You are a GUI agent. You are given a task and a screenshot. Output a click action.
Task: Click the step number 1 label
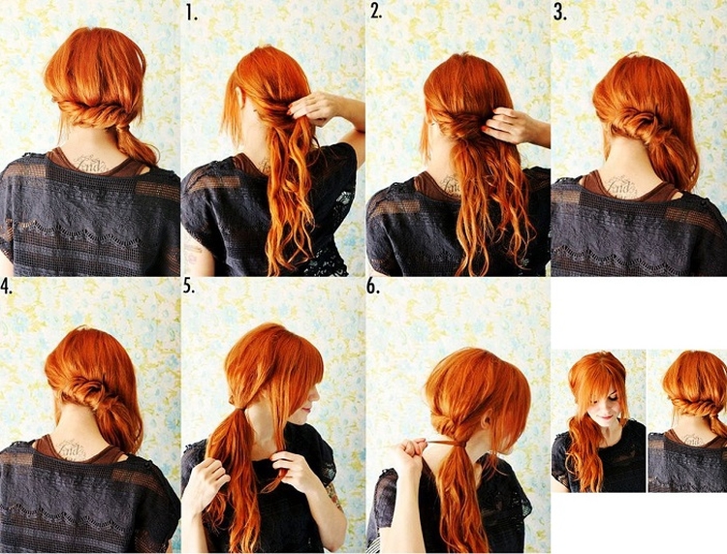(x=192, y=13)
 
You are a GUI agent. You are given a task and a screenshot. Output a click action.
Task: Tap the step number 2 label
(x=376, y=13)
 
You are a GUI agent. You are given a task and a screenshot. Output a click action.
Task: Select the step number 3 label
(x=560, y=13)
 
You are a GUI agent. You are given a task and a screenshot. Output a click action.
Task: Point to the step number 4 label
(x=6, y=287)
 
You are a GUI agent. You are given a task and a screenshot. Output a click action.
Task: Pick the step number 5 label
(x=189, y=287)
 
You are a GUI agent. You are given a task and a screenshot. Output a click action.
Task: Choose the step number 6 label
(x=373, y=287)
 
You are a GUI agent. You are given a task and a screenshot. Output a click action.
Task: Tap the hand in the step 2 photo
(x=504, y=124)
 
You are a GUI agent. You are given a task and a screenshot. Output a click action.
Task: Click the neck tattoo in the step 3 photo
(x=622, y=187)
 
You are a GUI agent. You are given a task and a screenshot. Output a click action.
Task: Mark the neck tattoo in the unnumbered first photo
(x=93, y=163)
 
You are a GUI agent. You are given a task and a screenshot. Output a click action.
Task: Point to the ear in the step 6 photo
(x=487, y=418)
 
